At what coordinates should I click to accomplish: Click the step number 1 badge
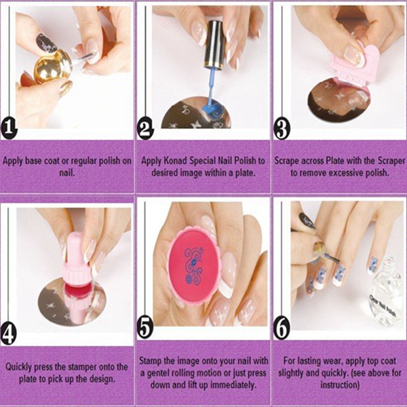(9, 129)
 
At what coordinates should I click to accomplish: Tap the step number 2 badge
(145, 129)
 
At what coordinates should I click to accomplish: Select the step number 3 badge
(282, 129)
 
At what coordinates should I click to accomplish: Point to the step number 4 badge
(9, 334)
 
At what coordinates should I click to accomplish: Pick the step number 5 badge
(145, 328)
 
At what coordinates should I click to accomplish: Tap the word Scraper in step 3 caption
(391, 161)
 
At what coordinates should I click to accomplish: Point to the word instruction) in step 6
(340, 385)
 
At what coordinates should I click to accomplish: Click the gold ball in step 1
(52, 67)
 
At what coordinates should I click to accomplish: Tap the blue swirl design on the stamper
(192, 265)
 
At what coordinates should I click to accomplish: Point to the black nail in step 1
(45, 43)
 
